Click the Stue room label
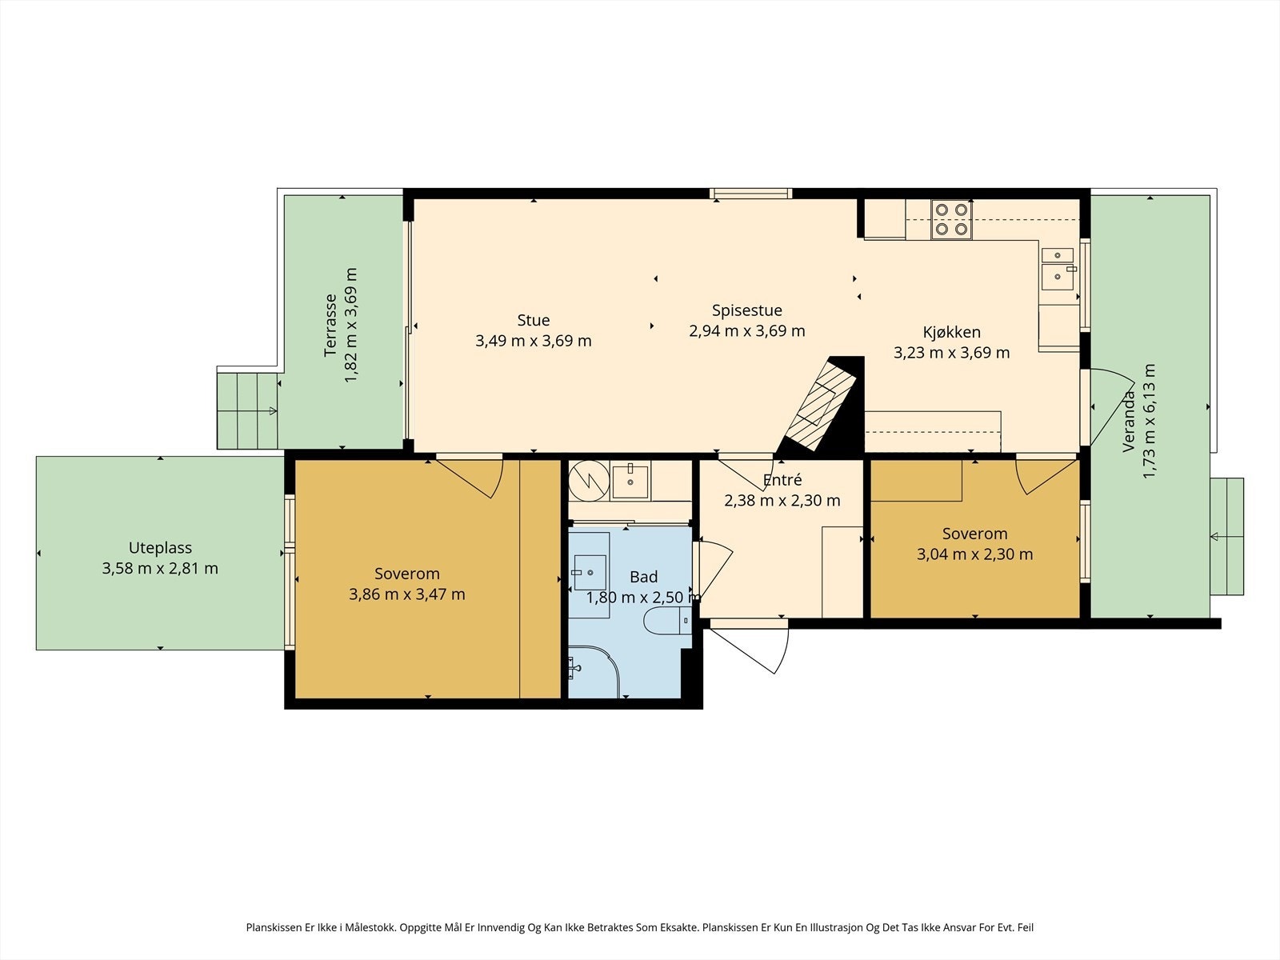click(x=533, y=320)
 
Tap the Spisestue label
click(x=746, y=310)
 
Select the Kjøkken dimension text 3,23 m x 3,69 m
click(x=952, y=353)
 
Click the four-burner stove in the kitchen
click(x=951, y=219)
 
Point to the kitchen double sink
click(x=1058, y=269)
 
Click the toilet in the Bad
click(x=667, y=621)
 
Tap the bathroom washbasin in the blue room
click(x=590, y=573)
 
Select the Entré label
click(x=782, y=480)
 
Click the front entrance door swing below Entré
click(x=752, y=648)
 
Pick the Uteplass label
click(x=160, y=549)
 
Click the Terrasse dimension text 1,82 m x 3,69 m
click(x=351, y=325)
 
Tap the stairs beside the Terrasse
click(x=247, y=411)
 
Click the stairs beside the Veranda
click(x=1226, y=536)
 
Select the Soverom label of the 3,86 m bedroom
click(x=407, y=574)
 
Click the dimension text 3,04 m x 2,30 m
click(x=974, y=554)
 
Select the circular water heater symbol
click(x=589, y=480)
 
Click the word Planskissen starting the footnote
click(x=274, y=926)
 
